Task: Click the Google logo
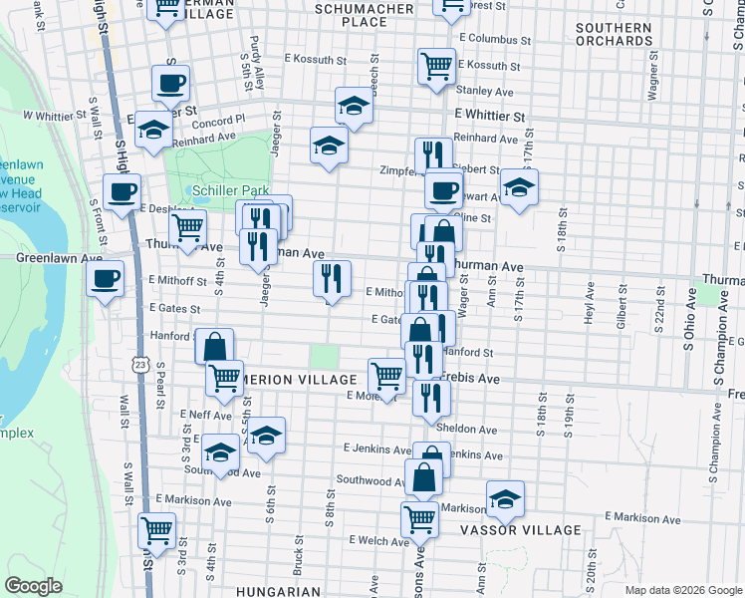pyautogui.click(x=33, y=586)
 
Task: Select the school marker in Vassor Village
pyautogui.click(x=505, y=498)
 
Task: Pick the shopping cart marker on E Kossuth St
pyautogui.click(x=436, y=67)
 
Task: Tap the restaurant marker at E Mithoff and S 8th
pyautogui.click(x=333, y=278)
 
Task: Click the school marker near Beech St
pyautogui.click(x=354, y=105)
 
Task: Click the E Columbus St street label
pyautogui.click(x=495, y=41)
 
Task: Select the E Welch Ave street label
pyautogui.click(x=378, y=541)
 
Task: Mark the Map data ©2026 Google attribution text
pyautogui.click(x=682, y=589)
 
